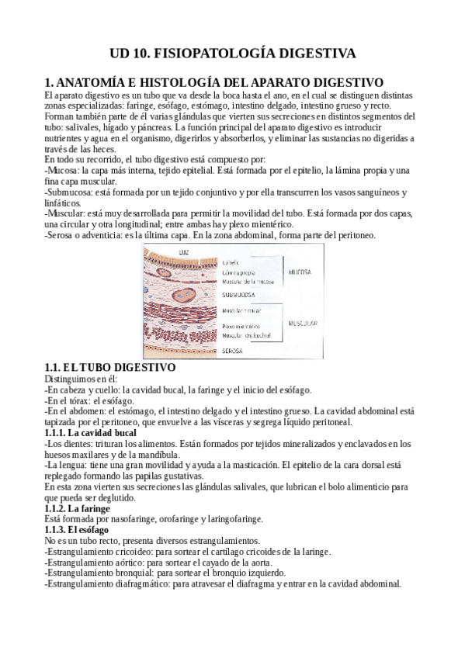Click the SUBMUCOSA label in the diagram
click(245, 295)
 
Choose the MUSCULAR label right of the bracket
click(305, 321)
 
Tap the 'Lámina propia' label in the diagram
click(241, 273)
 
